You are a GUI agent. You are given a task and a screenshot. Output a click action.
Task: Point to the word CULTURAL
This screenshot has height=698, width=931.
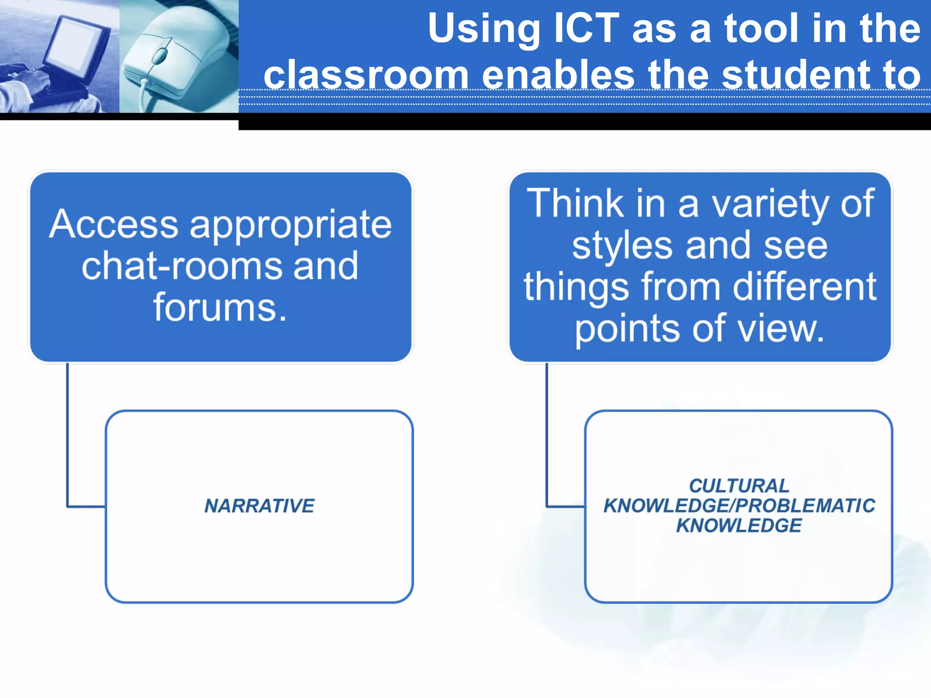point(739,486)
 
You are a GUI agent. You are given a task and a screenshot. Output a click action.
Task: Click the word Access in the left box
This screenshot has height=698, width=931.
point(114,224)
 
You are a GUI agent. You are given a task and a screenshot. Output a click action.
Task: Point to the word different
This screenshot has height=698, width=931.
point(805,286)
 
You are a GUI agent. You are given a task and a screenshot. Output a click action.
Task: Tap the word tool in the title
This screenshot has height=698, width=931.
point(762,29)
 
